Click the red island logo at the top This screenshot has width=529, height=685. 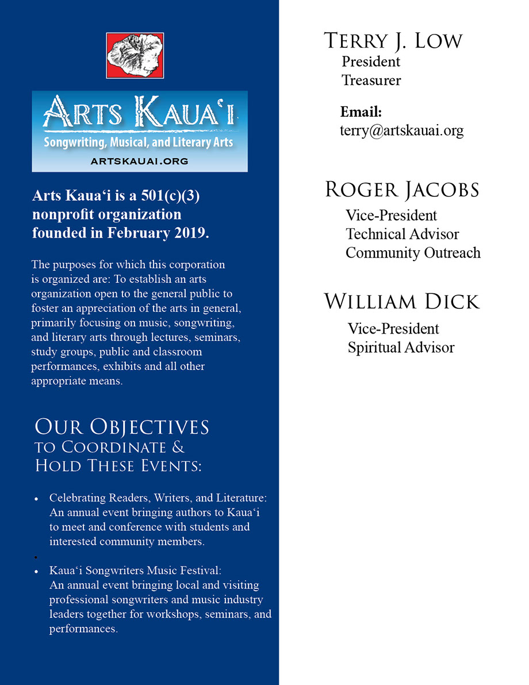(x=135, y=55)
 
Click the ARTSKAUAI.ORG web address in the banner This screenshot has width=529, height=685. (x=139, y=162)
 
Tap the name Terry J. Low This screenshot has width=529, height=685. (x=393, y=41)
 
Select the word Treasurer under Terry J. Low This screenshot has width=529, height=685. (x=371, y=80)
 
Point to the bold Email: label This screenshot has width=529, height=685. (x=361, y=112)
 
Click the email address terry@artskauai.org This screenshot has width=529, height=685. (x=401, y=131)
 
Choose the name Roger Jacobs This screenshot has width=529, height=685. (x=402, y=190)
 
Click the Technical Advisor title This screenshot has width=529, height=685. (x=402, y=234)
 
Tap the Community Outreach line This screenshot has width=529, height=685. (x=413, y=252)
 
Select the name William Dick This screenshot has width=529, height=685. (x=402, y=302)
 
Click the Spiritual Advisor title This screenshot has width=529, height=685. (x=401, y=347)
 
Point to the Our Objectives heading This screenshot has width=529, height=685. (x=122, y=427)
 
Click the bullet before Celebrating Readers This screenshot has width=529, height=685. (x=37, y=498)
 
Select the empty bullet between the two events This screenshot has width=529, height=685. (x=37, y=557)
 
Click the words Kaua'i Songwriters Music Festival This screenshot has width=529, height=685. (x=135, y=571)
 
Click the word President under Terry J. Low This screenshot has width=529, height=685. (x=371, y=61)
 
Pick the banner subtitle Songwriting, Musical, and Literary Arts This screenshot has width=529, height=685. (x=139, y=141)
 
